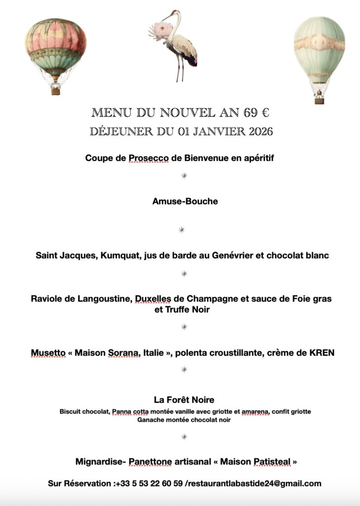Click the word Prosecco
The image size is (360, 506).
point(149,158)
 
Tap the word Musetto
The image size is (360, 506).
point(48,353)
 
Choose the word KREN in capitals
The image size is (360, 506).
point(320,353)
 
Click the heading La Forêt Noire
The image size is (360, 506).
point(184,399)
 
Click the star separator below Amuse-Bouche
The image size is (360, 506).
point(182,229)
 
